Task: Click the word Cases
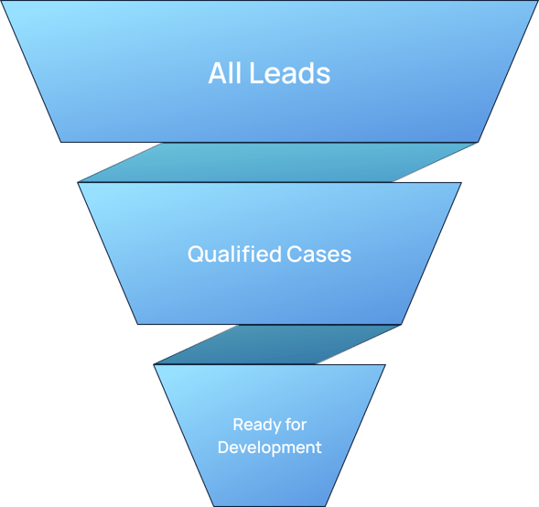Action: (x=318, y=254)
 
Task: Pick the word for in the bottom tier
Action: (x=296, y=425)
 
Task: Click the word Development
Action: (x=269, y=448)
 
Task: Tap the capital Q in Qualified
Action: (x=195, y=254)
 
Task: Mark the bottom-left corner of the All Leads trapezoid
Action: (x=61, y=142)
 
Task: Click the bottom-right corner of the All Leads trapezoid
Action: (x=478, y=142)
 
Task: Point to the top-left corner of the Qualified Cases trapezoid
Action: (x=78, y=182)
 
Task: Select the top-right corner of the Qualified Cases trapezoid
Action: (x=461, y=182)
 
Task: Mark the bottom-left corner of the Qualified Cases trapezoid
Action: (x=137, y=324)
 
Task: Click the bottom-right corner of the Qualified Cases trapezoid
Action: (x=402, y=324)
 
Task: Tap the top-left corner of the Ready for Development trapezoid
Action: (x=154, y=364)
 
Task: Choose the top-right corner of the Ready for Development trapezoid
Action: (x=385, y=364)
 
